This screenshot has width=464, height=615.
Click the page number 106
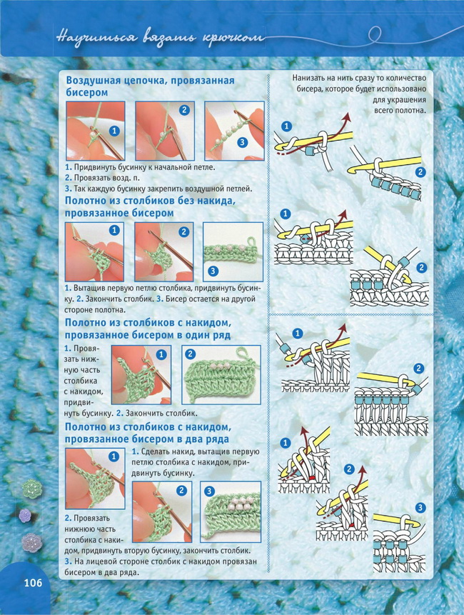tap(33, 583)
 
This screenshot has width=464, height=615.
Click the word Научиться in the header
tap(96, 38)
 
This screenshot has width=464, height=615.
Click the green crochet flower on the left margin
tap(31, 489)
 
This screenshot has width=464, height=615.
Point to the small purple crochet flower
tap(25, 516)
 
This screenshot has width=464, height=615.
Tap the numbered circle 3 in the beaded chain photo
tap(242, 141)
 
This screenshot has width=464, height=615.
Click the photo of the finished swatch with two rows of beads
tap(231, 512)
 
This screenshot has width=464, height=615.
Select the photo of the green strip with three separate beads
tap(233, 252)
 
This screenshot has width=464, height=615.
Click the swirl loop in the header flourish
tap(375, 34)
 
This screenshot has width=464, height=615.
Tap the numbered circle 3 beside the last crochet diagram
tap(420, 508)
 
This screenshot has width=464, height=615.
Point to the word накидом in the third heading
tap(208, 323)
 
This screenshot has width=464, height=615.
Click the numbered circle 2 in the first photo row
tap(184, 110)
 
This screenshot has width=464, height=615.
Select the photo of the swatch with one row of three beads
tap(221, 374)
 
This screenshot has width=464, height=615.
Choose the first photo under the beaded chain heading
tap(95, 131)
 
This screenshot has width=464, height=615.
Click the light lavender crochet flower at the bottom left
tap(31, 543)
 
